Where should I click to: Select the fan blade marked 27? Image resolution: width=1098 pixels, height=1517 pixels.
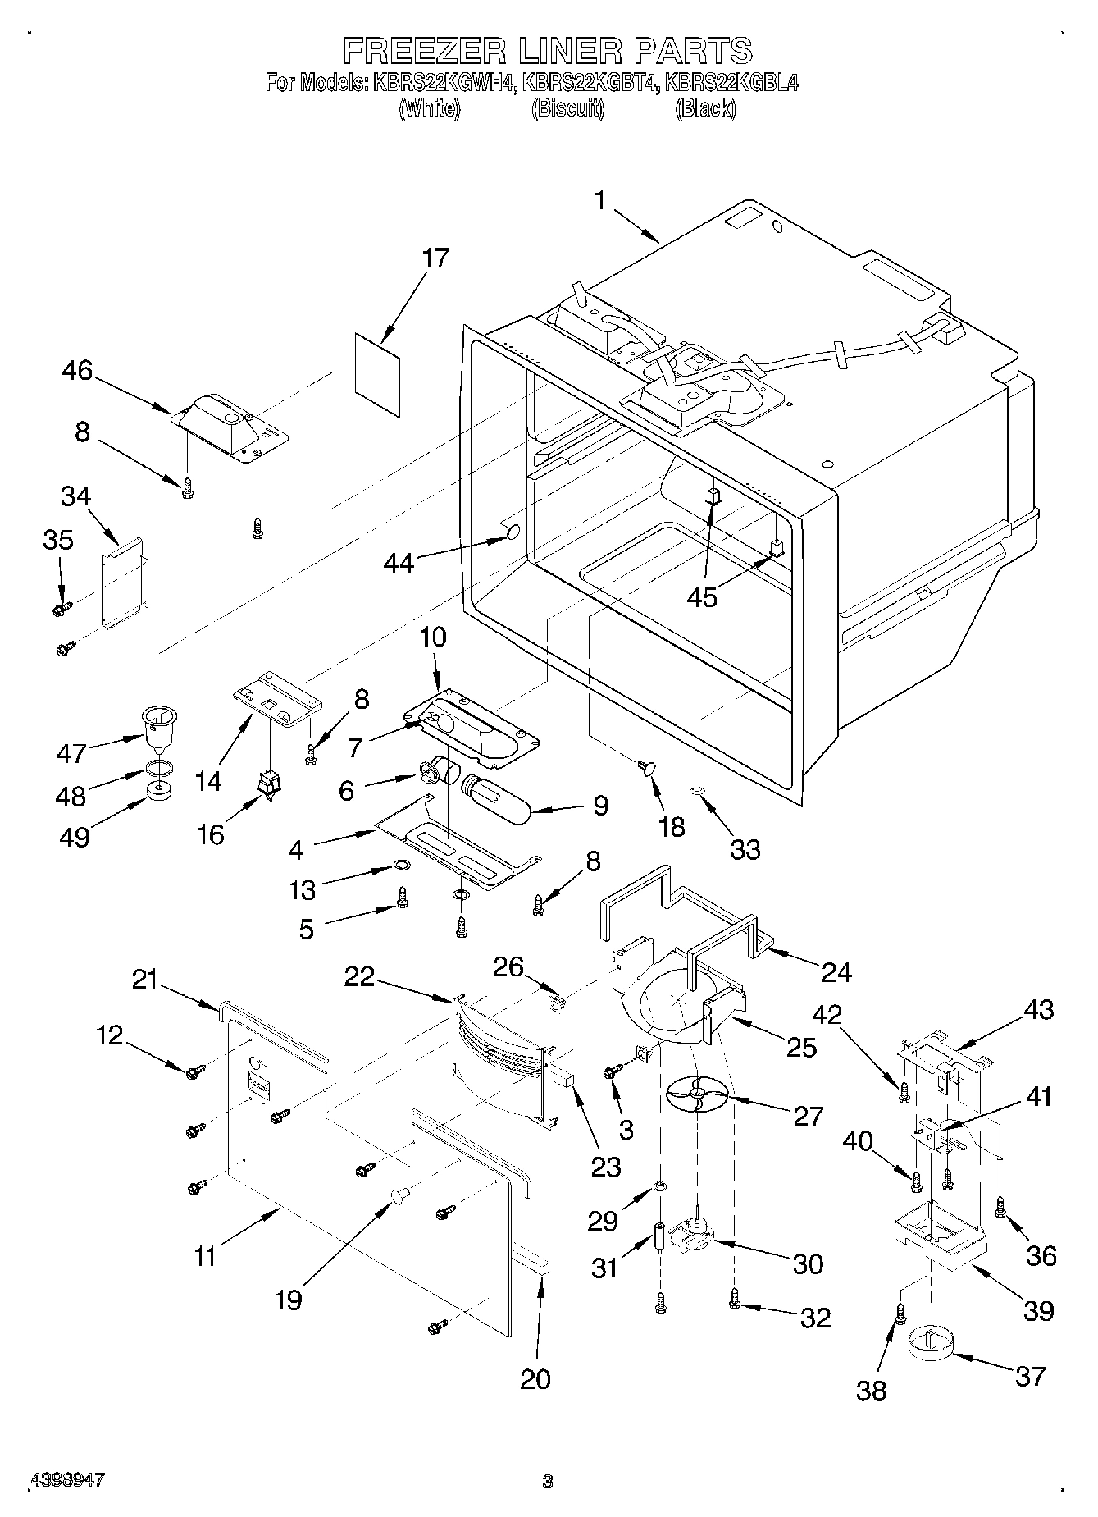click(696, 1094)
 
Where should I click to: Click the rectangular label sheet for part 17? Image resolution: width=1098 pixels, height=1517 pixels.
click(378, 373)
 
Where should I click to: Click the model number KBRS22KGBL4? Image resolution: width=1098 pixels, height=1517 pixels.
click(731, 83)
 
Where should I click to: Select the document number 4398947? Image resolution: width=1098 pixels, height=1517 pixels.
click(67, 1479)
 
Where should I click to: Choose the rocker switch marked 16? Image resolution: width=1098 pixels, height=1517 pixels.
click(269, 787)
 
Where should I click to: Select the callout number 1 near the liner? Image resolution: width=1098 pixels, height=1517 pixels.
click(600, 200)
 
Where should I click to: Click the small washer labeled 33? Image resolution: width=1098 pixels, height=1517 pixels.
click(697, 791)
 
